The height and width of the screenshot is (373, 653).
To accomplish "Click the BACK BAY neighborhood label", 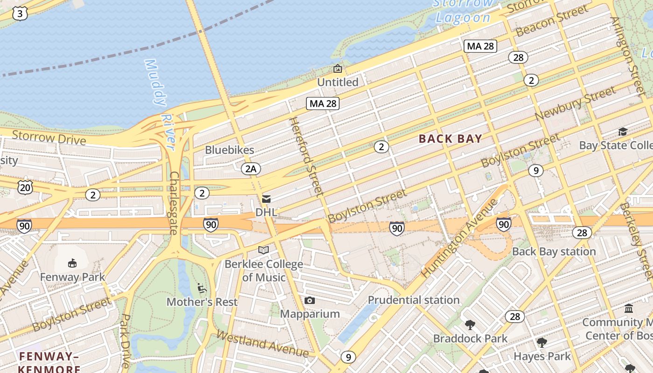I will (450, 138).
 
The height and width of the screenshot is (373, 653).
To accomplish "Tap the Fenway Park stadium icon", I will (72, 263).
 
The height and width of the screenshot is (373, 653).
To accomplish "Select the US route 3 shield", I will (20, 14).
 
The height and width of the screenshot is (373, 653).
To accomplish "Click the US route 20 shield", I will (25, 187).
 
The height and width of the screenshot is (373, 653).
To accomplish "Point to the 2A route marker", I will (251, 168).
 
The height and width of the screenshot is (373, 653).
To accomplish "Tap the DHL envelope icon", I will (266, 199).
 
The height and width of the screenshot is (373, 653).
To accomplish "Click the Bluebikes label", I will (229, 150).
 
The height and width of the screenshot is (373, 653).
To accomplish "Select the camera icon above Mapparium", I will (309, 301).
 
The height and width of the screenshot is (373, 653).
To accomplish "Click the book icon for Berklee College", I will (264, 250).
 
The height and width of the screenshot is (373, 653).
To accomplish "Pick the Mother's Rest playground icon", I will (202, 288).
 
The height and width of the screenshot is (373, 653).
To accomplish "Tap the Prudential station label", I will (414, 300).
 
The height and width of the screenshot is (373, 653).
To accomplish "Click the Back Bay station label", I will (554, 251).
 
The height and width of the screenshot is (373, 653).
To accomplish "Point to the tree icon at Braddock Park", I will (470, 325).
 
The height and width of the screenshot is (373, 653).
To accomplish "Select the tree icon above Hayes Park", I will (542, 343).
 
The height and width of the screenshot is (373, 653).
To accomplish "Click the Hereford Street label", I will (306, 156).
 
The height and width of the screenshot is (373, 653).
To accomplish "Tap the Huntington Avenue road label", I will (459, 238).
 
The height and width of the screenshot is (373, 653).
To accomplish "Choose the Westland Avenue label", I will (262, 344).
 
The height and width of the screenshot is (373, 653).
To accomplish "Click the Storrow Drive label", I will (49, 138).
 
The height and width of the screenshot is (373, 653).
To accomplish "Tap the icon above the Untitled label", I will (337, 69).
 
